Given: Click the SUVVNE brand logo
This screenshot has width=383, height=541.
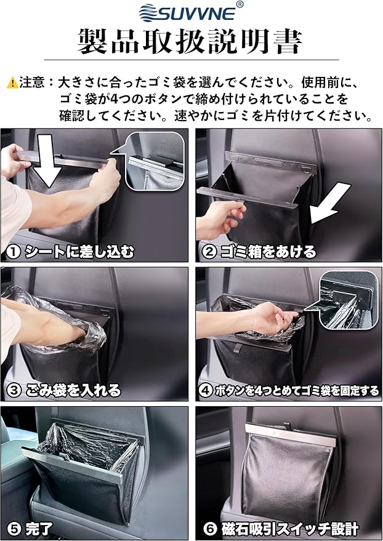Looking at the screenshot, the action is [x=188, y=12].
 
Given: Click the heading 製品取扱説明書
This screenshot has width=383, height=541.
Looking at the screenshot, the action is [x=190, y=42].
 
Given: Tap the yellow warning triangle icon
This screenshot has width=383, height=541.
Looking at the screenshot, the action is [x=13, y=82].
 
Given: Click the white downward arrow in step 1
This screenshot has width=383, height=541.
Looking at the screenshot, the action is [x=47, y=159].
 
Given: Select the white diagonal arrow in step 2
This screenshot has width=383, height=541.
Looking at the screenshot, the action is [x=329, y=203].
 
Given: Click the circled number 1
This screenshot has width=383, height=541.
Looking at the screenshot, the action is [x=13, y=252].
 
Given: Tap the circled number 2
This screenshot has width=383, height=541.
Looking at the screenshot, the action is [x=209, y=252].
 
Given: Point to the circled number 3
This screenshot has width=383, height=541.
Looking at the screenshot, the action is [x=14, y=391].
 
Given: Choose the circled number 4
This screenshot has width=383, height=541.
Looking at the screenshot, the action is [x=206, y=391].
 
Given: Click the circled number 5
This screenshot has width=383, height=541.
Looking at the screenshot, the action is [x=14, y=529].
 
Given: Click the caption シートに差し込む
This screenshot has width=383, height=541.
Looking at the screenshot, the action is [x=79, y=252].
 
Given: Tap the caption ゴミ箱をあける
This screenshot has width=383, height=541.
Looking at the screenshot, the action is [x=268, y=252].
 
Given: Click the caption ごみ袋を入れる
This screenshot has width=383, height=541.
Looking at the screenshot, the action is [x=73, y=391].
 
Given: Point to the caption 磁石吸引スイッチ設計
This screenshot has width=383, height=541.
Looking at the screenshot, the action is [x=290, y=529].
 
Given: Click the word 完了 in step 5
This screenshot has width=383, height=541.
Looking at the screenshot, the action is [x=39, y=529].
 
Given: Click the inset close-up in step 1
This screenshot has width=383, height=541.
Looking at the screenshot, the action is [x=155, y=161].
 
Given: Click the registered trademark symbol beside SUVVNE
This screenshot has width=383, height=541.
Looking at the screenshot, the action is [x=240, y=4].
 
